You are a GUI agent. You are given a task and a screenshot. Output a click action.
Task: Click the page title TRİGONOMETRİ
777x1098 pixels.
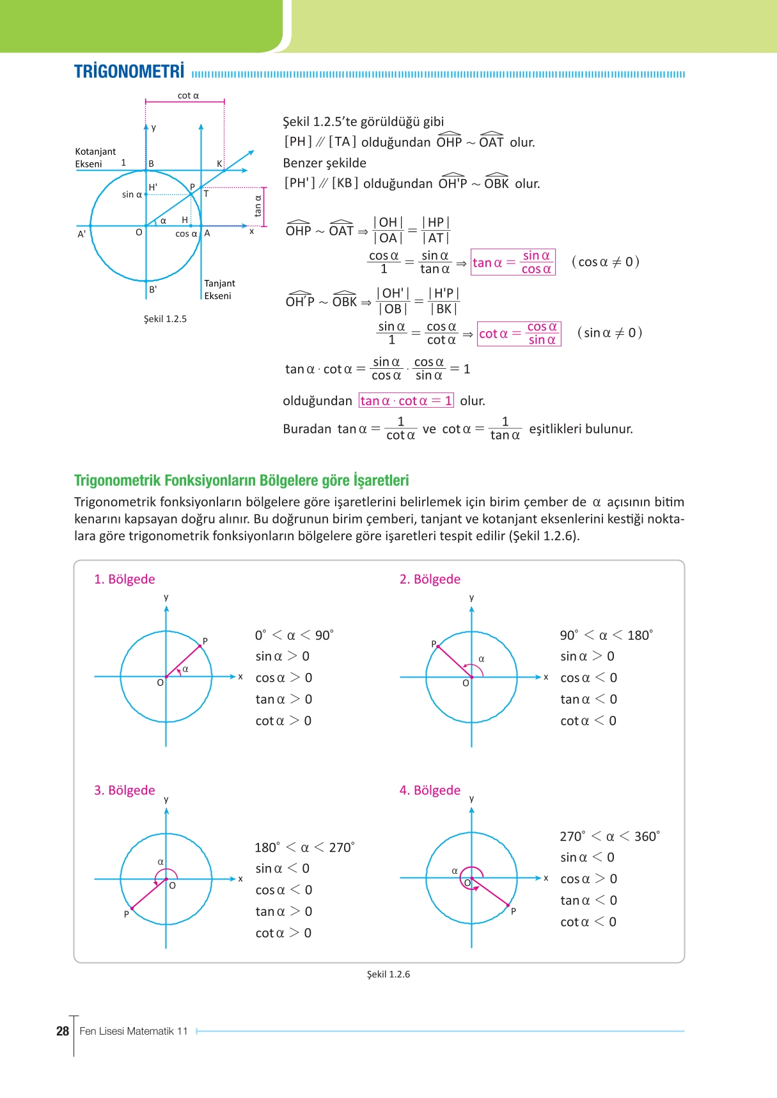tap(129, 72)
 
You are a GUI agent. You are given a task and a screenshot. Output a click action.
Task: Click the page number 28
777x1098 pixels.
tap(62, 1031)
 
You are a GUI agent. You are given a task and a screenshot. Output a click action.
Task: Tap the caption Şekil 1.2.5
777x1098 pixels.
tap(165, 319)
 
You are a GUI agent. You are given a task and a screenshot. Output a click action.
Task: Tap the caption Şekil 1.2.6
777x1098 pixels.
tap(388, 974)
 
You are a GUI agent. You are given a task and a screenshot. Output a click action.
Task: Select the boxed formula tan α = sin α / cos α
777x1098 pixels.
tap(513, 263)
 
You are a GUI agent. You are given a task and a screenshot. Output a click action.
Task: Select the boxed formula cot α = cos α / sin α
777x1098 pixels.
tap(519, 334)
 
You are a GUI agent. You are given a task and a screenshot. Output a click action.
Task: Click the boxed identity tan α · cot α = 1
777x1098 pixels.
tap(406, 401)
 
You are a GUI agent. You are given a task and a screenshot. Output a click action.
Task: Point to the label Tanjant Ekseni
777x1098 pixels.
tap(219, 290)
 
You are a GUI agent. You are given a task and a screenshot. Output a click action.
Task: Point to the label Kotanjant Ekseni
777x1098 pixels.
tap(95, 158)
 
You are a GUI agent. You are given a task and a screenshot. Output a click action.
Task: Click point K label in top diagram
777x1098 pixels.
tap(219, 164)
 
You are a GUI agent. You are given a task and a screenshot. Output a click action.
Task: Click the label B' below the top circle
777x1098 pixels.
tap(153, 290)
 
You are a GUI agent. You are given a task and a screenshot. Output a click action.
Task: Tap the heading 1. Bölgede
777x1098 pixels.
tap(125, 579)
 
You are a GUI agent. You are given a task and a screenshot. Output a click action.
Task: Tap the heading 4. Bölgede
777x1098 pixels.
tap(430, 790)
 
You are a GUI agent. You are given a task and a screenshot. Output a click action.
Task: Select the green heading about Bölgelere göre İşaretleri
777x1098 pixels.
tap(241, 481)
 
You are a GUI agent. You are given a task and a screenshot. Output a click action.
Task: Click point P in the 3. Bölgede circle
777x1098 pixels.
tap(127, 914)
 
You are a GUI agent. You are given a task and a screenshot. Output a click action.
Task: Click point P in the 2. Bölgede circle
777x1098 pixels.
tap(434, 644)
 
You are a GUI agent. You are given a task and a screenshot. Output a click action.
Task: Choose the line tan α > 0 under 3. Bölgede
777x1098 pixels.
tap(283, 911)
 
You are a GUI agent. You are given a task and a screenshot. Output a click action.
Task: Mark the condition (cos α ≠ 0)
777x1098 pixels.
tap(606, 262)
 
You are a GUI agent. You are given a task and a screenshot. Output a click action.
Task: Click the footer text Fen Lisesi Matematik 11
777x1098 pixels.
tap(134, 1031)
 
